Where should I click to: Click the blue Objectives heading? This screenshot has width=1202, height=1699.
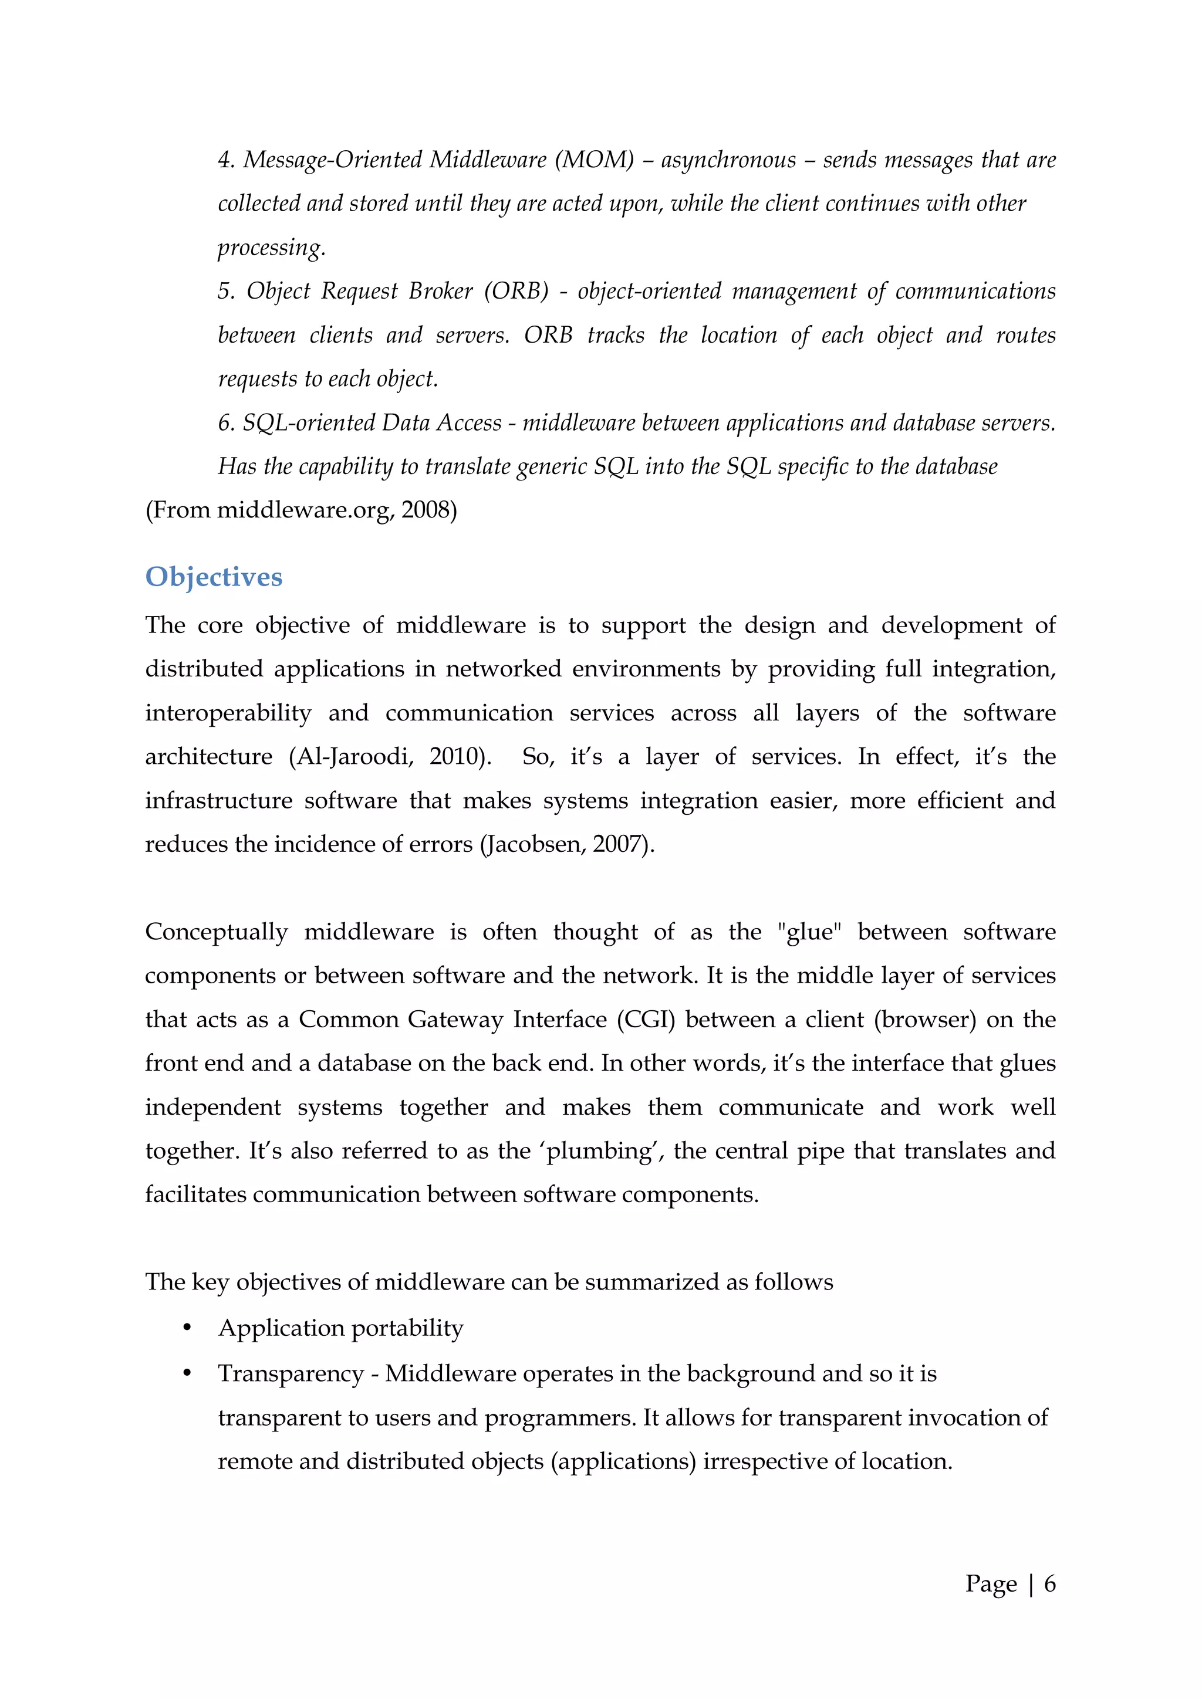pyautogui.click(x=213, y=577)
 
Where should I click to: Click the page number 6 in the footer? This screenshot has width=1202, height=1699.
pyautogui.click(x=1049, y=1583)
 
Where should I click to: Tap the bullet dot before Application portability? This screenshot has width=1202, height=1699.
pyautogui.click(x=187, y=1329)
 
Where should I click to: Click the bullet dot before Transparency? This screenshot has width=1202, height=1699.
pyautogui.click(x=187, y=1374)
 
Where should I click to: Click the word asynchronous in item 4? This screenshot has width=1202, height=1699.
pyautogui.click(x=728, y=160)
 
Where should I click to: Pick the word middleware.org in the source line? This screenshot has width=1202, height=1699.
pyautogui.click(x=303, y=510)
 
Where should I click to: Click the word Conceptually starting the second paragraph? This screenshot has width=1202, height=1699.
pyautogui.click(x=216, y=932)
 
